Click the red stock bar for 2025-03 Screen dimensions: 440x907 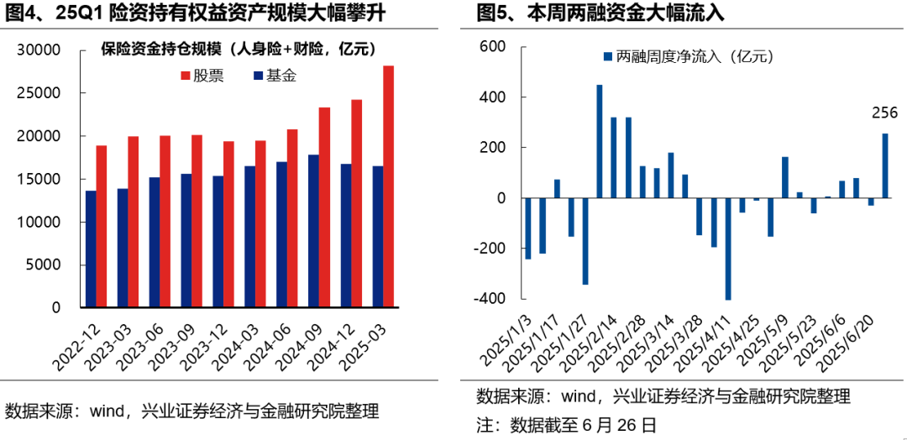click(389, 186)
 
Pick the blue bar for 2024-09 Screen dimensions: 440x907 click(313, 231)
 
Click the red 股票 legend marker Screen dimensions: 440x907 click(186, 76)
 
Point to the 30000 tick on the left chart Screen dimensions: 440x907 click(39, 50)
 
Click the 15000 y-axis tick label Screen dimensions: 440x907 click(39, 179)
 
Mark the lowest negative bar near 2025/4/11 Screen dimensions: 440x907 click(728, 249)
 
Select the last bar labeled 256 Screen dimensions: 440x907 click(885, 166)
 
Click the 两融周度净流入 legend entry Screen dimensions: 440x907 click(687, 57)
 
